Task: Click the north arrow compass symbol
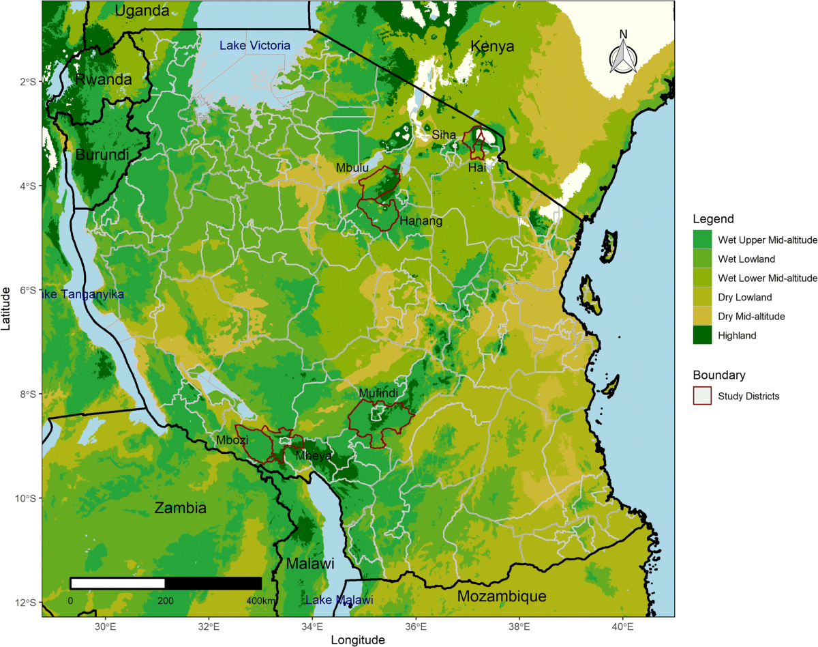[623, 53]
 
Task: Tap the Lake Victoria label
[255, 46]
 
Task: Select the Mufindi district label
[378, 393]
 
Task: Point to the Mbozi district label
[231, 440]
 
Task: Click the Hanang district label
[421, 220]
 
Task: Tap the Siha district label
[444, 135]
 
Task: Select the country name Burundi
[102, 154]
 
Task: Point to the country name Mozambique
[502, 596]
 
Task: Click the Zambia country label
[180, 508]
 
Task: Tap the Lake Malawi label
[339, 601]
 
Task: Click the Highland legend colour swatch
[702, 335]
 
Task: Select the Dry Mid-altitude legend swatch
[702, 316]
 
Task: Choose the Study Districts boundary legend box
[702, 396]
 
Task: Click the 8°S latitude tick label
[25, 394]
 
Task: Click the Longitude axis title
[358, 640]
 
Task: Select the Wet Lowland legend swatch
[702, 259]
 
